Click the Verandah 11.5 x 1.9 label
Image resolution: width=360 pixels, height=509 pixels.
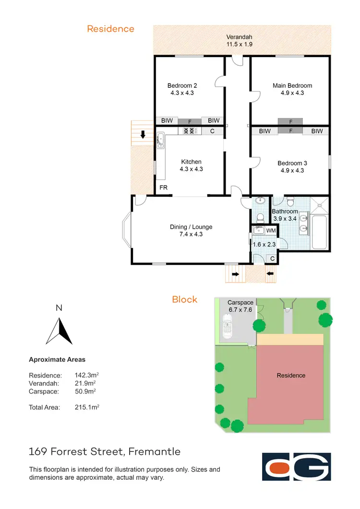(240, 40)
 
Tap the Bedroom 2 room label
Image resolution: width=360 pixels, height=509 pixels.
(182, 89)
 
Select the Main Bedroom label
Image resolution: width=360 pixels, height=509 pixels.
(292, 89)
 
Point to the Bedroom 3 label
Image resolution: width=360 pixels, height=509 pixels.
(292, 166)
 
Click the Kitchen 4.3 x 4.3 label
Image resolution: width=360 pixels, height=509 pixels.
(191, 165)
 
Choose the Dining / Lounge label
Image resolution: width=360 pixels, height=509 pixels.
(191, 230)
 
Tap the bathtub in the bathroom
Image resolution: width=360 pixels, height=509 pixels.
(319, 232)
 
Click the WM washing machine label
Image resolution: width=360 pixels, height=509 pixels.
(271, 231)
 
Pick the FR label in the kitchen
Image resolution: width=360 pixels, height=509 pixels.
(164, 188)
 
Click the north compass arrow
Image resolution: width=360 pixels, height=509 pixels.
(59, 331)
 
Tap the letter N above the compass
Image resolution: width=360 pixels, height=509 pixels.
(59, 308)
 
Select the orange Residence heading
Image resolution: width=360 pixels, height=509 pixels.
(110, 29)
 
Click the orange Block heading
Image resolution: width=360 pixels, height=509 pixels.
(185, 299)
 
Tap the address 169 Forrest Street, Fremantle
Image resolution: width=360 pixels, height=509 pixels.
(105, 451)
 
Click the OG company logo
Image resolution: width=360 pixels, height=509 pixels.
(296, 466)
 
